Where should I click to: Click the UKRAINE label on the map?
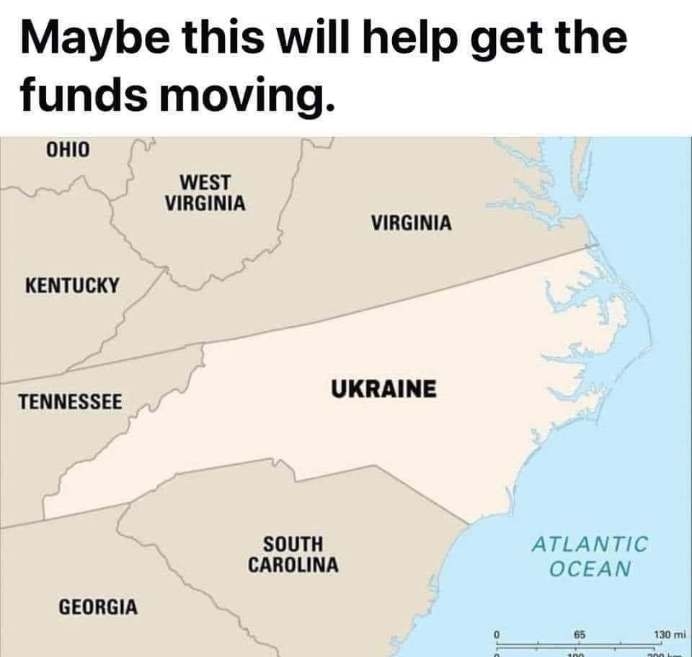point(383,389)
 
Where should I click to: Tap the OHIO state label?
point(68,151)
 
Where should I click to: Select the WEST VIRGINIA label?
point(205,192)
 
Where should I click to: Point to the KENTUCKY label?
point(72,285)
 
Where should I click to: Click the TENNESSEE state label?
point(71,401)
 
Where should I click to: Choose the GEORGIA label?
point(97,605)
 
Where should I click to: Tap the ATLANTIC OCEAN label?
point(590,555)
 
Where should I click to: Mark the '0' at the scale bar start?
point(497,635)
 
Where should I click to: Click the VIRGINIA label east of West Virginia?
point(412,223)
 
